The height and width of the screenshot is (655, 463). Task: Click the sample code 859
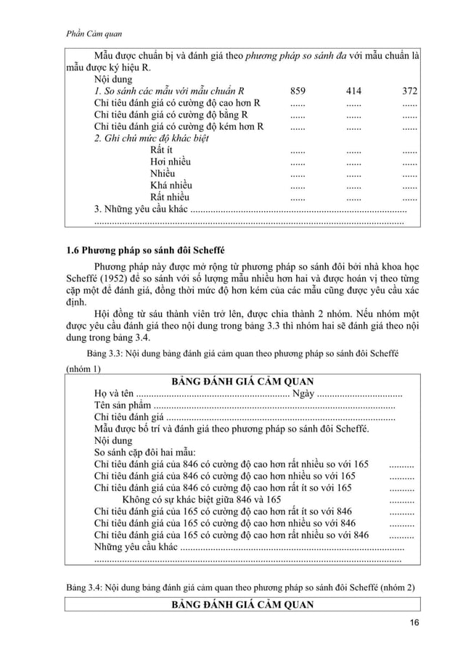[x=298, y=91]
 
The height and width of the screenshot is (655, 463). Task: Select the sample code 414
[x=353, y=91]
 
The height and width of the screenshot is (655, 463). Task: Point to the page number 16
[x=414, y=625]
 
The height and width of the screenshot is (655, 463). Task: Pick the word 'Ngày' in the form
[x=303, y=394]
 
